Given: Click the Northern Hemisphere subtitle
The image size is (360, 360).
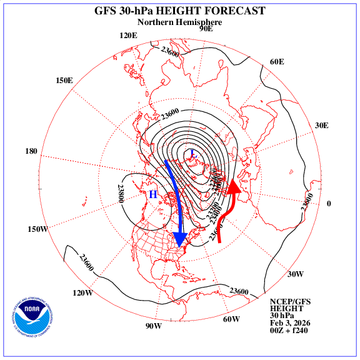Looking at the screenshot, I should click(179, 22).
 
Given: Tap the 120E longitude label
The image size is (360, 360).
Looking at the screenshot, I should click(127, 35).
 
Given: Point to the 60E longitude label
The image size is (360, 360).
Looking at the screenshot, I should click(277, 61).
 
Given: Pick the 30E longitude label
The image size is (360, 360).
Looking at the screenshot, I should click(322, 125).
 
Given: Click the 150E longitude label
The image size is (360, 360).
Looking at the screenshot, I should click(64, 81).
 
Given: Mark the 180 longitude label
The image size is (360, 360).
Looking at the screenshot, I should click(31, 151).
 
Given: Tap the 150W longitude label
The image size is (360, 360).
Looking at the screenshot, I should click(37, 229).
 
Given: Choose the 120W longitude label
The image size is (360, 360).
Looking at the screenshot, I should click(83, 293).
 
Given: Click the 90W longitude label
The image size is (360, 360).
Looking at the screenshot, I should click(154, 326).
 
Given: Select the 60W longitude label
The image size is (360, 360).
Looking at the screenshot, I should click(231, 319).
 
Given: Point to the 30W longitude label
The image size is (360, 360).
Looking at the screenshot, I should click(295, 274).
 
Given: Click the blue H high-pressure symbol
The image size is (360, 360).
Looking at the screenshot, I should click(152, 194).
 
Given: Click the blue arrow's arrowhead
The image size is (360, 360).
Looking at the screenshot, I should click(181, 239).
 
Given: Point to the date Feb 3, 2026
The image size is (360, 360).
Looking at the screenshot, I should click(291, 322).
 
